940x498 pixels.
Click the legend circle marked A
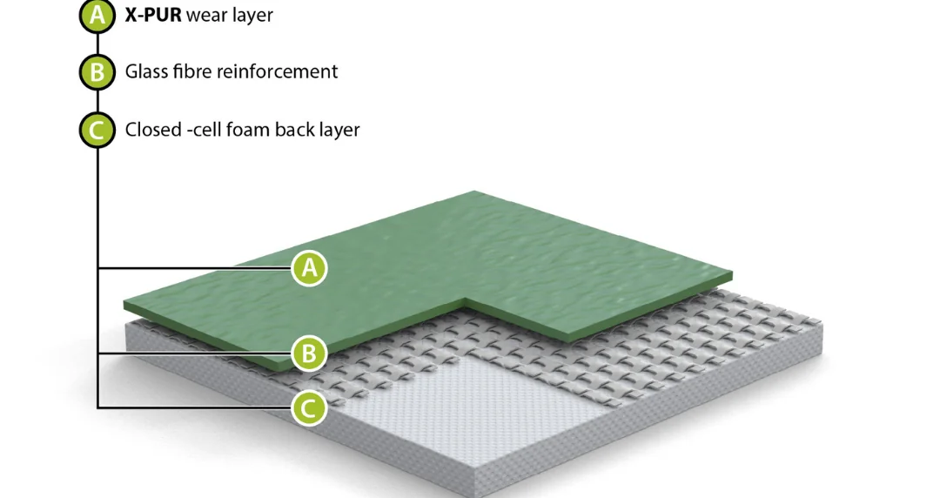[97, 15]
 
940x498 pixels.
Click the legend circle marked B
[97, 72]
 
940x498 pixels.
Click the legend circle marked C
[97, 130]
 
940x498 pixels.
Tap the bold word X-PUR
[153, 15]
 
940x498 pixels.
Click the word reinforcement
[277, 71]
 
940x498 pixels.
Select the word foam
[250, 130]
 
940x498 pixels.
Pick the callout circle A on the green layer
[309, 267]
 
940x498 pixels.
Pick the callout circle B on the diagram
[309, 353]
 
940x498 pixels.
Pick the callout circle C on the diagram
[309, 408]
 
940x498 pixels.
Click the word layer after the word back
[339, 131]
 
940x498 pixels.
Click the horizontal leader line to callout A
[195, 267]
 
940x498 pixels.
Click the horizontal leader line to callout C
[195, 408]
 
